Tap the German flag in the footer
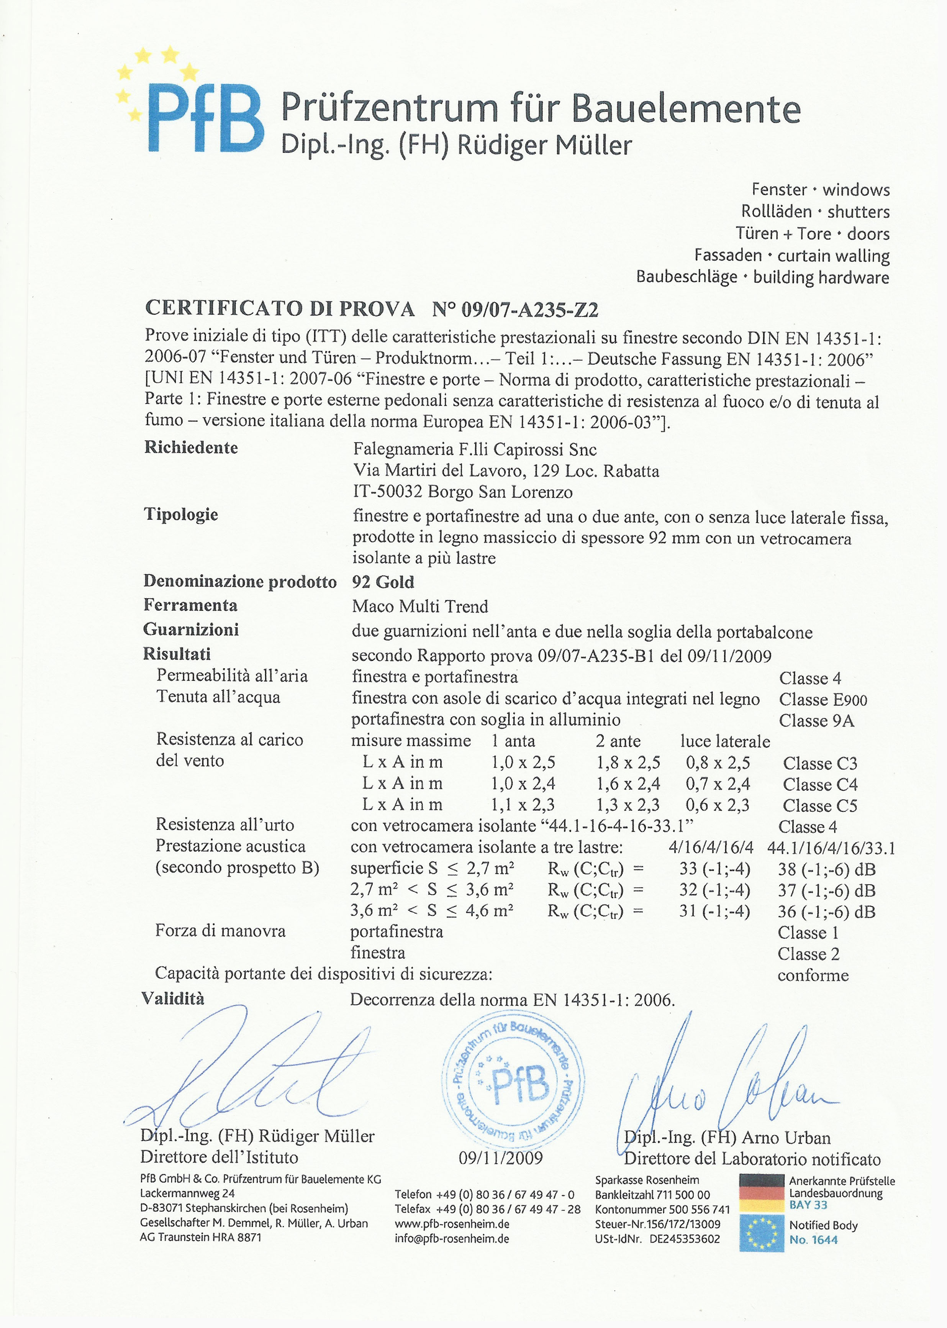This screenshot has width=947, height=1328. coord(761,1193)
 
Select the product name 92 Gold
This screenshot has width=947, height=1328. coord(383,582)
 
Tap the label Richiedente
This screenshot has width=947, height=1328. coord(191,448)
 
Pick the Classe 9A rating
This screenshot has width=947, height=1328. coord(816,721)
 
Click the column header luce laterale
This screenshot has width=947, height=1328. coord(725,741)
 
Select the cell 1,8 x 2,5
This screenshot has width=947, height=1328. coord(628,763)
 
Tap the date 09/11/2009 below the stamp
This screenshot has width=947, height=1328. coord(500,1158)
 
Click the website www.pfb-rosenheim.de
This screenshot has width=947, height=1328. coord(452,1224)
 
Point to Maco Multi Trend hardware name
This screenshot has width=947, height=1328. coord(420,607)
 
